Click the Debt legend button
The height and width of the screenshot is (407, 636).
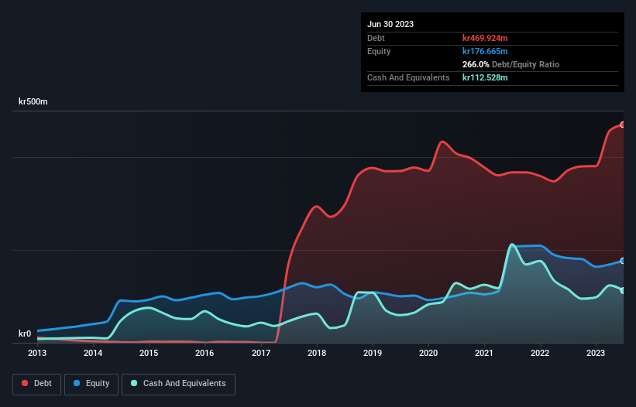[x=37, y=384]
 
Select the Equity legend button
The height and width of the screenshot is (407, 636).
[x=91, y=384]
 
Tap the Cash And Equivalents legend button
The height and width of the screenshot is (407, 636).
[x=178, y=384]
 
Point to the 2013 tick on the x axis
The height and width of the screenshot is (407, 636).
[x=37, y=353]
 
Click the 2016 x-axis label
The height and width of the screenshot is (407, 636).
[x=205, y=353]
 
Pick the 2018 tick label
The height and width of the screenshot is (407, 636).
[x=317, y=353]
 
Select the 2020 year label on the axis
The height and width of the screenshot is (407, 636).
[x=428, y=353]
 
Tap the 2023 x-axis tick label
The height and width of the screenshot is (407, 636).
[x=596, y=353]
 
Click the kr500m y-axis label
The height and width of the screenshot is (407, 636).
[x=36, y=102]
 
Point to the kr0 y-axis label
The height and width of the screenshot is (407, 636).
[x=25, y=334]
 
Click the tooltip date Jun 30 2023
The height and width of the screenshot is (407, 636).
[x=390, y=24]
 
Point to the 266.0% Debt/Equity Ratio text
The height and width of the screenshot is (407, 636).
[x=511, y=64]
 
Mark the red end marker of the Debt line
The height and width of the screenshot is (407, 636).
[x=622, y=125]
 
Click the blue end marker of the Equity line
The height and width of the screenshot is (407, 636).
[x=622, y=261]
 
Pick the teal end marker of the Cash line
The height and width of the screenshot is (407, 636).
[x=622, y=290]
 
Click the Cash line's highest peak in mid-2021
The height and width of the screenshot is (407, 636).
[x=512, y=245]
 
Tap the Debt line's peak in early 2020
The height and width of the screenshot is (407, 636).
[x=442, y=142]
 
